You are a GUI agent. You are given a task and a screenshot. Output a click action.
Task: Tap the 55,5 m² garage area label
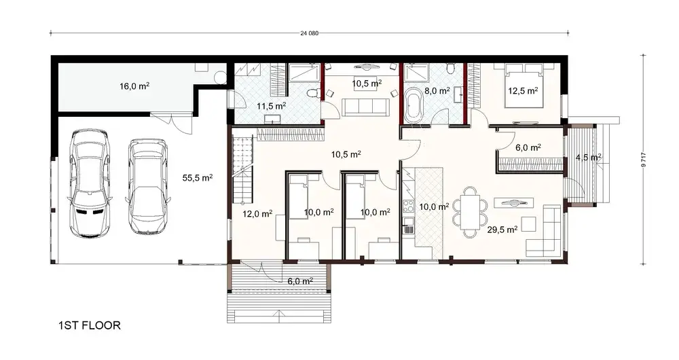click(198, 178)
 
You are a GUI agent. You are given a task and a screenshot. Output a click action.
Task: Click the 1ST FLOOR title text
click(90, 326)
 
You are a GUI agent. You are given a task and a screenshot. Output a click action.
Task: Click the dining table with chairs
click(470, 210)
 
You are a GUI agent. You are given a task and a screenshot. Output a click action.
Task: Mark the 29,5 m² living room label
click(502, 230)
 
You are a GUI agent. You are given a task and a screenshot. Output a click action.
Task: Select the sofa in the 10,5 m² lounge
click(365, 107)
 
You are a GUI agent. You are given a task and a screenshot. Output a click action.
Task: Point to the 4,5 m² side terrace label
click(588, 157)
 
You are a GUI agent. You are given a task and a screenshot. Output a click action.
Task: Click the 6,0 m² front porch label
click(299, 281)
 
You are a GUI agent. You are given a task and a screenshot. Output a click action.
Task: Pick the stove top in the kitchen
click(408, 205)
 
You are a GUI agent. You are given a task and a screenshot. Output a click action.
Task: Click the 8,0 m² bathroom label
click(437, 90)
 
